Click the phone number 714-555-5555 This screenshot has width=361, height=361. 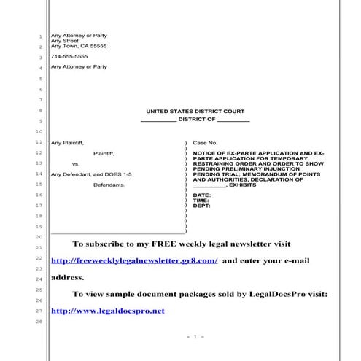click(x=69, y=56)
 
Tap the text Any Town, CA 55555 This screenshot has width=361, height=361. click(x=79, y=46)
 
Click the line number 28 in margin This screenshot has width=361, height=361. click(x=39, y=322)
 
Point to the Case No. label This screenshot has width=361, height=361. click(x=205, y=142)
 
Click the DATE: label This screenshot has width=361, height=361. click(x=202, y=195)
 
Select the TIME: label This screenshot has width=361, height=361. click(x=201, y=201)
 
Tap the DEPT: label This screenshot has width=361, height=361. click(x=202, y=206)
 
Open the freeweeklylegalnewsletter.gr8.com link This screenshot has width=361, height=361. click(x=134, y=260)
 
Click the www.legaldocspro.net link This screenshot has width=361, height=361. click(x=108, y=311)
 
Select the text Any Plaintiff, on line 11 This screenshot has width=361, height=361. click(x=68, y=142)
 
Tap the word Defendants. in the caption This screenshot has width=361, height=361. click(x=109, y=185)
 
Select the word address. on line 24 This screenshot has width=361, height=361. click(x=67, y=277)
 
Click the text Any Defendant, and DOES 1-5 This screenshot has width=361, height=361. click(x=81, y=174)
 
